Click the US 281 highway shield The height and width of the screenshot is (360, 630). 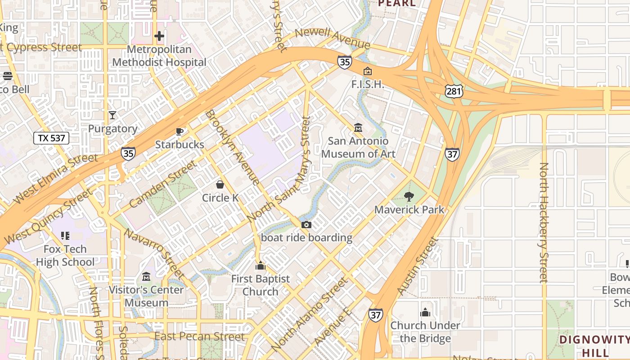tap(453, 91)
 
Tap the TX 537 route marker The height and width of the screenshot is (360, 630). tap(51, 138)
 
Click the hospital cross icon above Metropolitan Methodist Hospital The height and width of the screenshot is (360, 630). tap(159, 36)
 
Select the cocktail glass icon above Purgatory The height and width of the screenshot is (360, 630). tap(112, 115)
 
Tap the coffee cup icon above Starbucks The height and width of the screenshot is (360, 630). tap(180, 131)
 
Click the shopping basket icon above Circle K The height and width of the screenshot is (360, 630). tap(220, 184)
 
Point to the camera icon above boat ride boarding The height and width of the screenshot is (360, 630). tap(306, 225)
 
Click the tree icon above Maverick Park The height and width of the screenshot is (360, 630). tap(409, 196)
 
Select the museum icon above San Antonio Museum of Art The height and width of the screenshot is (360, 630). tap(358, 128)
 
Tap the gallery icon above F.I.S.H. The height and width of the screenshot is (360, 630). tap(368, 71)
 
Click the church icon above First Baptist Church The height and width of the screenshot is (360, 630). tap(260, 265)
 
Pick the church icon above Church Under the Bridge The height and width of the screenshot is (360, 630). tap(425, 312)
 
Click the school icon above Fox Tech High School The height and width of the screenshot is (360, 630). tap(65, 235)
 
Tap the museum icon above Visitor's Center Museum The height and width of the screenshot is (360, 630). tap(147, 276)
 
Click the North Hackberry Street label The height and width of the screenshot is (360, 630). tap(544, 223)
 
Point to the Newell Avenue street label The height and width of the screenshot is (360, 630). tap(333, 39)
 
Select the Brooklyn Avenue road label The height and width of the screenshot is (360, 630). tap(232, 147)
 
